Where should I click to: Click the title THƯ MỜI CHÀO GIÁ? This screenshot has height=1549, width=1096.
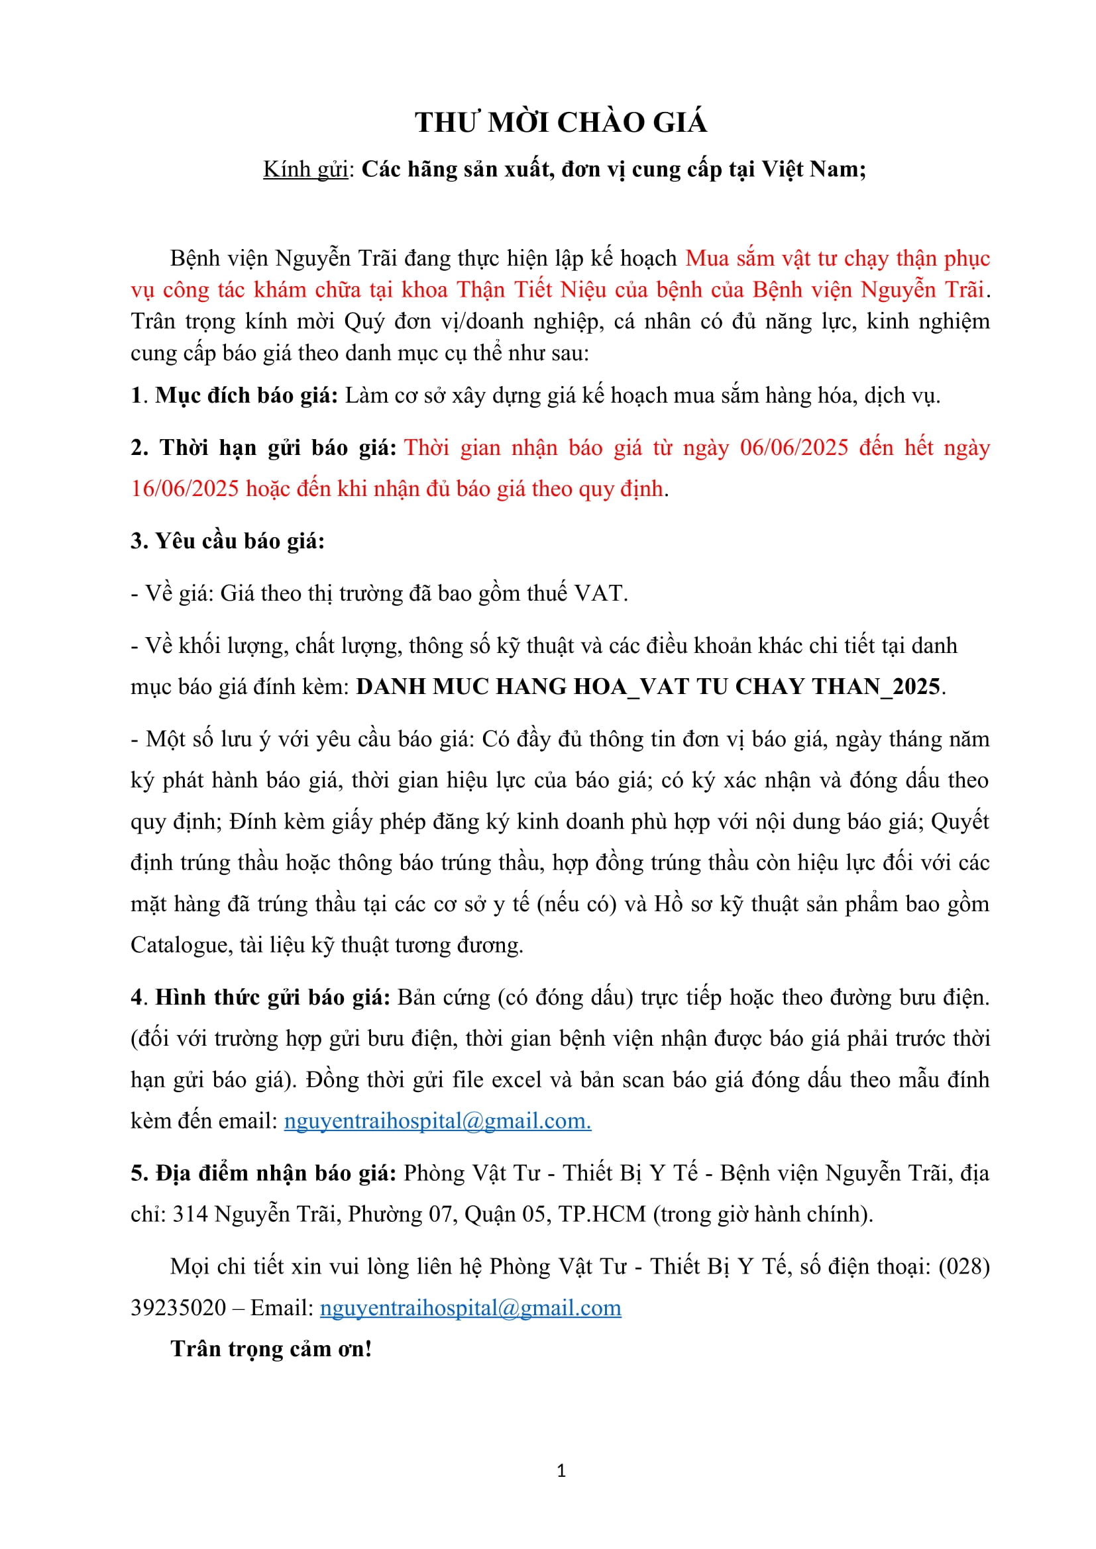[x=561, y=123]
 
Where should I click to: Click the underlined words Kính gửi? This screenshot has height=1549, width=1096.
[x=305, y=170]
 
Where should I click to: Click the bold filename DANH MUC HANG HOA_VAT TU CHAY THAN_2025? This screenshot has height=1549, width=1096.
[x=648, y=686]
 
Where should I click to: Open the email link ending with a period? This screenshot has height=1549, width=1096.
[x=437, y=1121]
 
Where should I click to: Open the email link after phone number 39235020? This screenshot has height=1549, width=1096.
[x=470, y=1307]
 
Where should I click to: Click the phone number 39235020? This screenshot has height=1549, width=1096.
[x=178, y=1307]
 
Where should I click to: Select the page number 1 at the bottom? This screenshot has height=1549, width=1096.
[x=561, y=1471]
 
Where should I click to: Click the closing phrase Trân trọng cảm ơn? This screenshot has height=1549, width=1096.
[x=271, y=1348]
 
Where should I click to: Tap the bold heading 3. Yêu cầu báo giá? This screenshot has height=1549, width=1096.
[x=227, y=541]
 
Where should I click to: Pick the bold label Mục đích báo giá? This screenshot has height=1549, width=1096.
[x=247, y=395]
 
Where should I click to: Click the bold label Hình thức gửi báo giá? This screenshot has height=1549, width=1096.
[x=272, y=997]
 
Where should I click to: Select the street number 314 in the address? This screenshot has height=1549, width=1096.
[x=190, y=1215]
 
